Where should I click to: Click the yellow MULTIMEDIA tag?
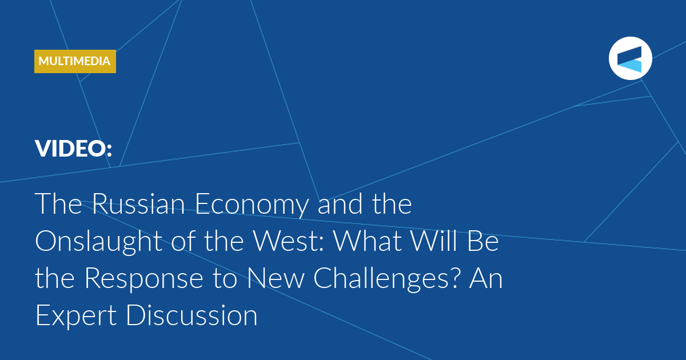75,61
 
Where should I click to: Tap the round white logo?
630,58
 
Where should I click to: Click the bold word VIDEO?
74,149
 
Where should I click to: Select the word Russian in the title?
138,204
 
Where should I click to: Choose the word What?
367,241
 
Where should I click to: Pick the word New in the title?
276,279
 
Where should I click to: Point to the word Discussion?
192,315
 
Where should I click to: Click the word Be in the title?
483,241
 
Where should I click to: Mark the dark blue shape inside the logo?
629,54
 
